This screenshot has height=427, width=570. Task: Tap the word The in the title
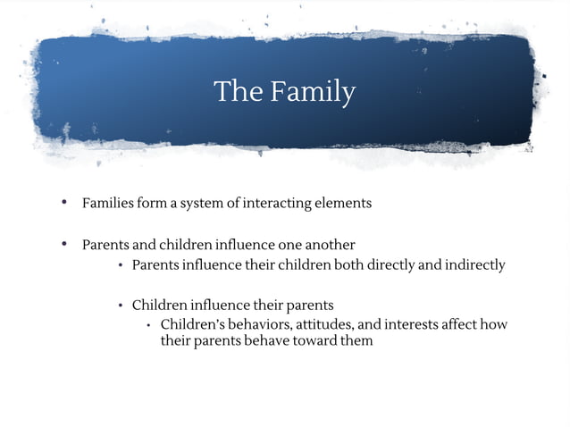[x=237, y=91]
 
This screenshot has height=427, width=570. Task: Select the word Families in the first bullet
[x=108, y=203]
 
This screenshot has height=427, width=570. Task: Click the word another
[x=330, y=244]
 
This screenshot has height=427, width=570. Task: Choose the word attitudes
[x=325, y=323]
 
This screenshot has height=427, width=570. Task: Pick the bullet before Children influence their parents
[x=121, y=306]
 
